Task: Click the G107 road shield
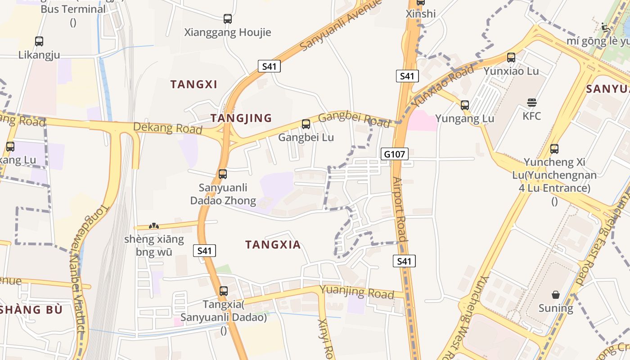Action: [394, 154]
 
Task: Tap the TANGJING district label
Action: [241, 118]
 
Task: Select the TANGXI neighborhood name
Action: [193, 84]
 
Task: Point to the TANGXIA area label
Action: [273, 245]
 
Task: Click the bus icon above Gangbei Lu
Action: [306, 124]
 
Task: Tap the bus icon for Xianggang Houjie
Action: [228, 19]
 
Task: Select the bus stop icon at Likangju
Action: [39, 41]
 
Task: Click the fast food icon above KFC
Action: [532, 103]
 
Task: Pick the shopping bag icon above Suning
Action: [556, 295]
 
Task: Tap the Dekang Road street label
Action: [167, 128]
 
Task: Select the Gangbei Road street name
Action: [354, 120]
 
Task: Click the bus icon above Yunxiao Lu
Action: [511, 58]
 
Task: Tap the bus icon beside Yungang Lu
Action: [465, 105]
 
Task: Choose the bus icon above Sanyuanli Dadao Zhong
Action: [223, 174]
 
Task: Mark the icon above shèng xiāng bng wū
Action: [154, 226]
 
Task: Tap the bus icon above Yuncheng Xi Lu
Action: [554, 148]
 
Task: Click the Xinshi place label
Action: [421, 14]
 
